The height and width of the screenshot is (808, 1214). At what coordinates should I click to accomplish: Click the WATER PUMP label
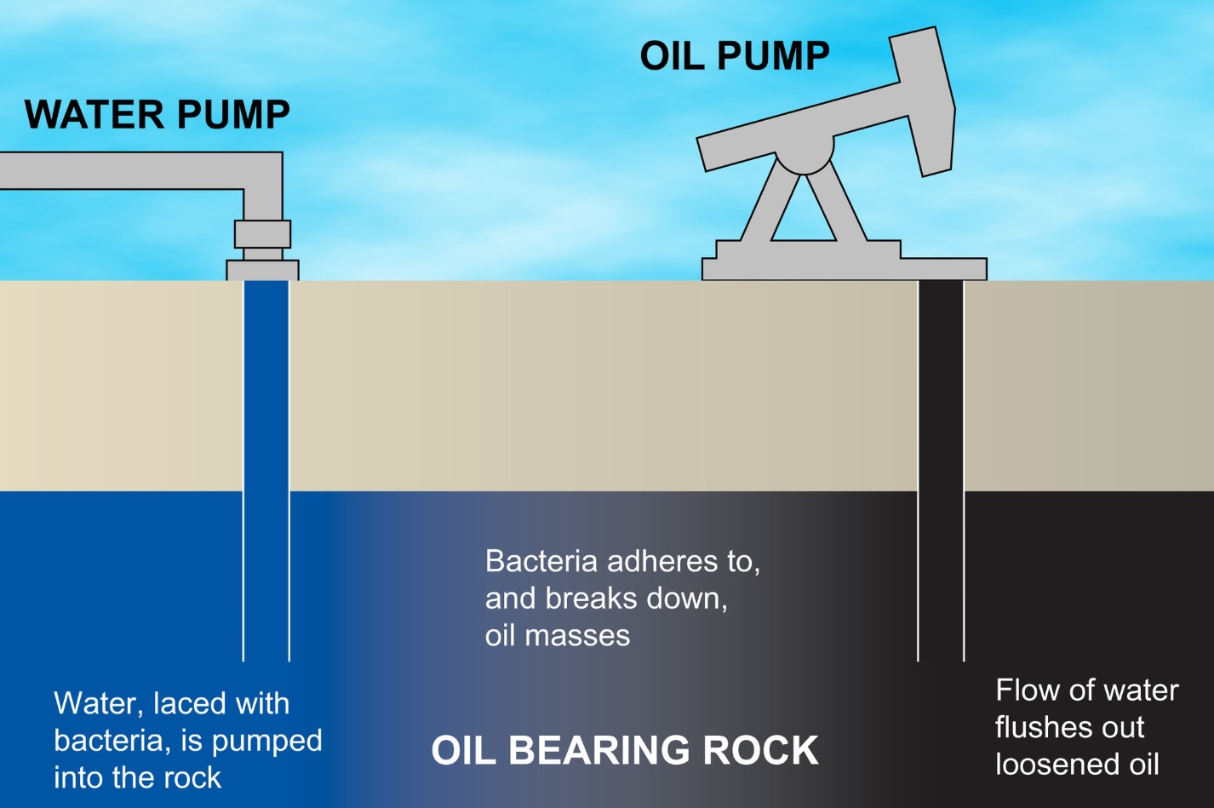click(x=157, y=115)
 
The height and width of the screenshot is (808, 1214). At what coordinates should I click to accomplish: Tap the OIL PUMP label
click(x=734, y=56)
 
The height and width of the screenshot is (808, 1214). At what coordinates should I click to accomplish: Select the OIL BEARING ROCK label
click(x=625, y=751)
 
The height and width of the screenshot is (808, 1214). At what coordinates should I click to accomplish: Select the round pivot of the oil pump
click(x=804, y=154)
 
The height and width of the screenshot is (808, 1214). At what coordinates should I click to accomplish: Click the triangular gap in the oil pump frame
click(x=803, y=217)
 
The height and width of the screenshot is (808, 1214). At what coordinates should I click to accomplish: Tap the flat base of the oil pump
click(x=843, y=268)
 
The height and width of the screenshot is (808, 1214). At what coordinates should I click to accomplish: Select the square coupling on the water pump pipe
click(x=262, y=233)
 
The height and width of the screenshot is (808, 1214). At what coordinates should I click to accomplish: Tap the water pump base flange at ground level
click(x=262, y=270)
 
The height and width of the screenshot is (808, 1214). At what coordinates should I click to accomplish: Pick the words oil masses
click(x=558, y=636)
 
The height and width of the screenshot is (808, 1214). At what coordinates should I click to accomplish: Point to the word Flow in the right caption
click(x=1023, y=690)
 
